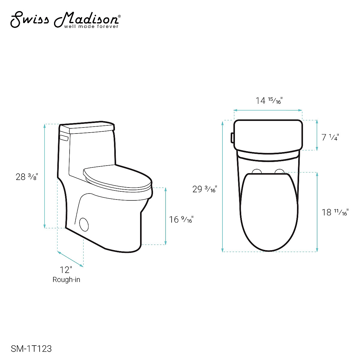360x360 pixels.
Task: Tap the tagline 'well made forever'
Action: (x=91, y=26)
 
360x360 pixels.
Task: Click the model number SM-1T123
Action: (x=31, y=349)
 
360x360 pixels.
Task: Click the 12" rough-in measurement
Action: (x=66, y=270)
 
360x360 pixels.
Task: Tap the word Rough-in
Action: (x=66, y=280)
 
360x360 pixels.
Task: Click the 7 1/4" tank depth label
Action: (x=330, y=137)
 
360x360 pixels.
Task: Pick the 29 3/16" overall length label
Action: (x=205, y=189)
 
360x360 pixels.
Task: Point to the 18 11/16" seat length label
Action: (x=335, y=213)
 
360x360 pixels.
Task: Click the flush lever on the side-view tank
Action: (x=64, y=138)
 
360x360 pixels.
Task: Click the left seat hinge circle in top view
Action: (x=257, y=172)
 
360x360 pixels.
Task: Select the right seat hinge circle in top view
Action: (x=280, y=172)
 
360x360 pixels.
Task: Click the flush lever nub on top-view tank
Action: (x=232, y=137)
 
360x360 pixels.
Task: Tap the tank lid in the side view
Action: (x=91, y=128)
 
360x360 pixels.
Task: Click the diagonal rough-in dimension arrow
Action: (x=70, y=259)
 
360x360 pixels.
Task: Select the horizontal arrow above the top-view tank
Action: (x=268, y=110)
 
